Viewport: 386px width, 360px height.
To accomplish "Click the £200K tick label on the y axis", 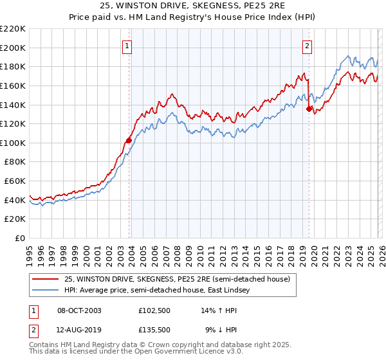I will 13,48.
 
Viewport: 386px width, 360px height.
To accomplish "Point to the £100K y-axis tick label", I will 13,143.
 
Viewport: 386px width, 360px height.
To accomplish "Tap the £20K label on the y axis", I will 15,219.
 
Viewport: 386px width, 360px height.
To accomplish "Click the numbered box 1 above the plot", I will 128,46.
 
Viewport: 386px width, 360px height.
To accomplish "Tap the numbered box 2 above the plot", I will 308,46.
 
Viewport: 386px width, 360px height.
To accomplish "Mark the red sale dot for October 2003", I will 129,139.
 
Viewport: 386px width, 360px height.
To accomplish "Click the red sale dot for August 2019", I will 309,109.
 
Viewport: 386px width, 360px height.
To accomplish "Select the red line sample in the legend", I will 46,280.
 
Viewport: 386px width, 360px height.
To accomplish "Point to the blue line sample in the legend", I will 46,291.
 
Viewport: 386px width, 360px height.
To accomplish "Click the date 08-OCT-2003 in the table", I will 79,310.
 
